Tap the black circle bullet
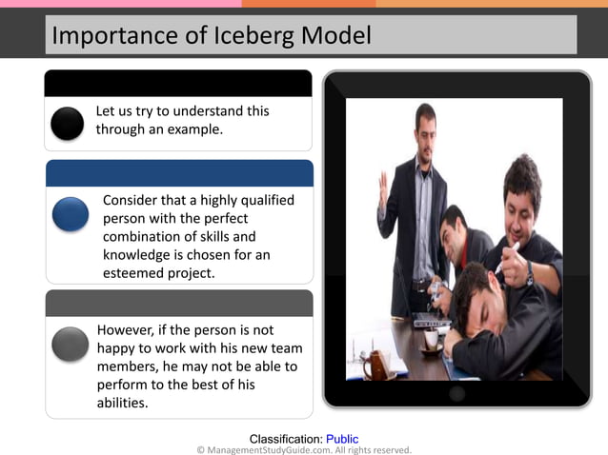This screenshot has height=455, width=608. click(68, 123)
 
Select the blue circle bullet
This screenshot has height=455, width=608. click(71, 214)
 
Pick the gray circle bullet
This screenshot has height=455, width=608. click(71, 344)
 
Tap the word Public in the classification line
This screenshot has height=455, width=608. click(342, 439)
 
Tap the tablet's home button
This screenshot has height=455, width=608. click(457, 393)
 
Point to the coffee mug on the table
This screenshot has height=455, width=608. click(376, 364)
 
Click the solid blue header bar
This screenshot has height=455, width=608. click(179, 172)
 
